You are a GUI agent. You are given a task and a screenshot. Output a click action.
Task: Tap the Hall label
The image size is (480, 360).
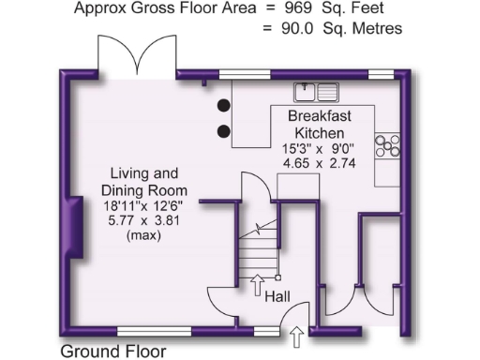pos(277,295)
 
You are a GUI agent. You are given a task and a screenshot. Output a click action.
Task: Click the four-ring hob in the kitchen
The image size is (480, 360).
pos(387,144)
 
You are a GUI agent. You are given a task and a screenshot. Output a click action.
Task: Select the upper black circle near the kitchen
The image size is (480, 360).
pos(224,105)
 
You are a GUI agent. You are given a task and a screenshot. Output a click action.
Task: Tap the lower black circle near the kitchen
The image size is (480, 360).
pos(224,130)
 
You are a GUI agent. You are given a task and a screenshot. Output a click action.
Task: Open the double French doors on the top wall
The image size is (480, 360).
pos(139,57)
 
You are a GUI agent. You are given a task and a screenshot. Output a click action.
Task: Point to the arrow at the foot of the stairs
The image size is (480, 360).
pos(259,284)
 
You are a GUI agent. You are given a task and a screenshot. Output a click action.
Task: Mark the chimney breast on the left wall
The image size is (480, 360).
pos(71,231)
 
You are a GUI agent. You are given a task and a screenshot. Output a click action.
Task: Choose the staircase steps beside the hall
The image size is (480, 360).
pos(256,248)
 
